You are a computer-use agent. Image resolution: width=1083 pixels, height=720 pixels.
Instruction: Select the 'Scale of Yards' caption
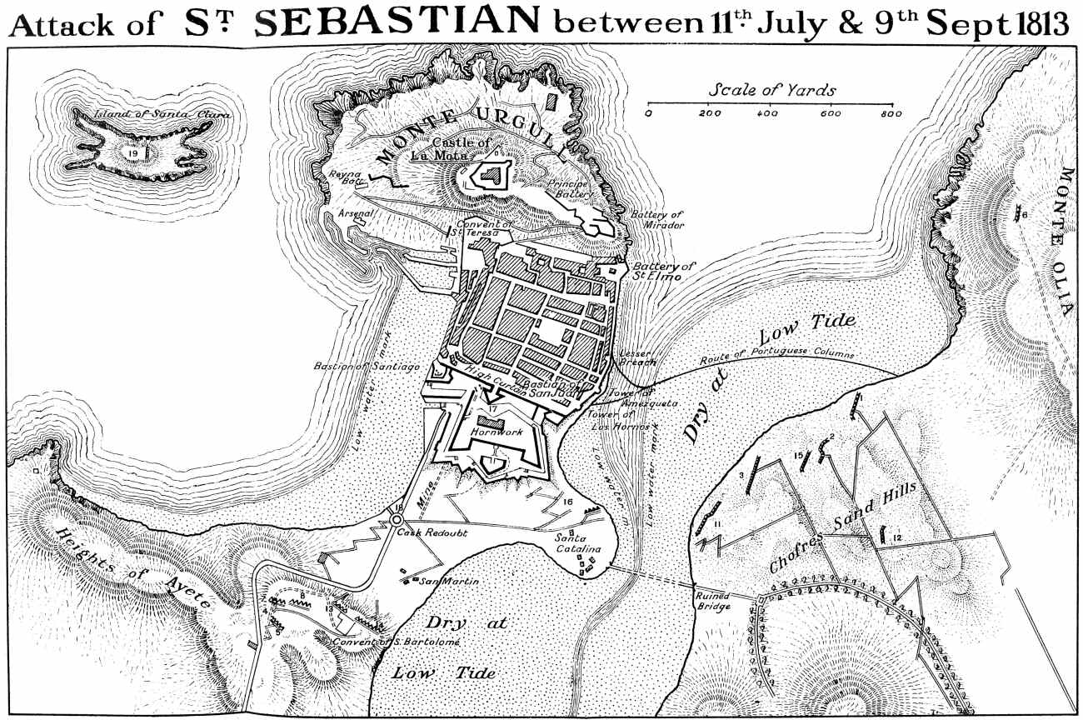772,90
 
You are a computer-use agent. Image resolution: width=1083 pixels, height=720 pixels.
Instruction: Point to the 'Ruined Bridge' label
714,601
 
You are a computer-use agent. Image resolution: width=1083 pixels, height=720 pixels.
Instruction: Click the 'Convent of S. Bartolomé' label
377,642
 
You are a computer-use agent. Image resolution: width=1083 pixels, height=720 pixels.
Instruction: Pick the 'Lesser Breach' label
639,357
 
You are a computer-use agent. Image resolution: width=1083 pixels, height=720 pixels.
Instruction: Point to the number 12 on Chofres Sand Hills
896,538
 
